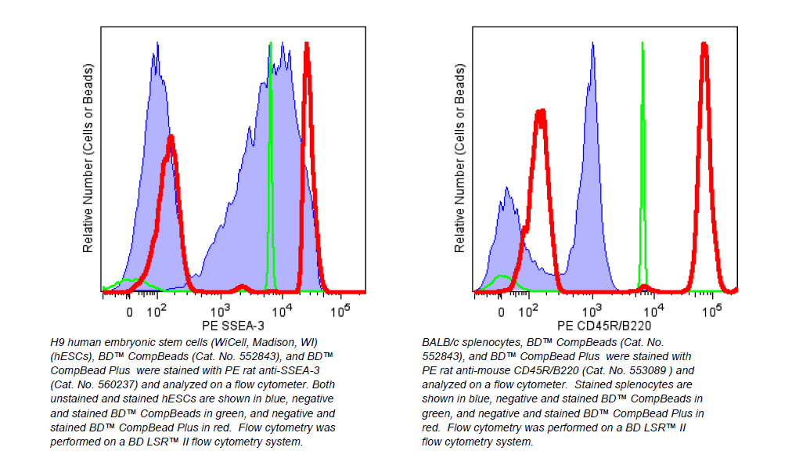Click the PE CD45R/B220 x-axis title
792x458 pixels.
tap(604, 325)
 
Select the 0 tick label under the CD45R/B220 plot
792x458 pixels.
tap(501, 312)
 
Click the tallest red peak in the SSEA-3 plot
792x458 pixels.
tap(308, 45)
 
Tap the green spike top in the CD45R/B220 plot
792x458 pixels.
tap(642, 44)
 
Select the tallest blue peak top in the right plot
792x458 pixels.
tap(593, 45)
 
